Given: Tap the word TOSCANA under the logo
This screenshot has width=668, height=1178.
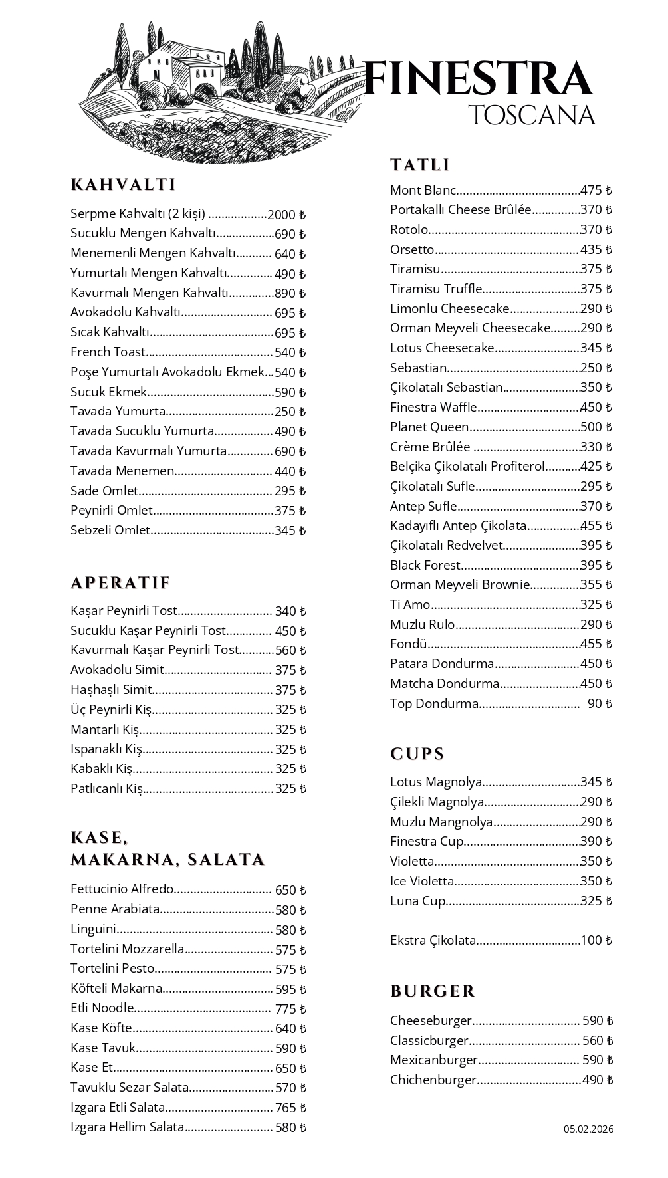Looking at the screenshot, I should coord(532,115).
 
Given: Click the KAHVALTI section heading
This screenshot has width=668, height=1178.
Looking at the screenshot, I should coord(123,185).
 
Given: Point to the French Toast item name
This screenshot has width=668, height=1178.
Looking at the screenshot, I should coord(108,352).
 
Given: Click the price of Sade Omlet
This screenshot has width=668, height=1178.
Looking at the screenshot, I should coord(290,491).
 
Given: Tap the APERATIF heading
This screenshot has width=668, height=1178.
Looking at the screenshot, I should coord(120,583).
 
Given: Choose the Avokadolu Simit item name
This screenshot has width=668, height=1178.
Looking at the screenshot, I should coord(117,670).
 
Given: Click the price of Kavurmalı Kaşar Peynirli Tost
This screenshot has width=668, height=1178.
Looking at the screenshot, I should coord(290,650).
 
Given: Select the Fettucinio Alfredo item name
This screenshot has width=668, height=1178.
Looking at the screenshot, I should coord(122,889).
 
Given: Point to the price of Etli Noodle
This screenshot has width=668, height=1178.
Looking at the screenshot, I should coord(290,1009).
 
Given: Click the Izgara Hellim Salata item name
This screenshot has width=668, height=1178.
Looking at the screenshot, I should coord(127,1127).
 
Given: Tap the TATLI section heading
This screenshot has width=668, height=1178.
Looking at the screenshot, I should coord(420,165).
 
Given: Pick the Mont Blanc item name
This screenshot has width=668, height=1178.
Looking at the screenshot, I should coord(423,191).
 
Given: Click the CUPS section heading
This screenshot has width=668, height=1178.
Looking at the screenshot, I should coord(417,754).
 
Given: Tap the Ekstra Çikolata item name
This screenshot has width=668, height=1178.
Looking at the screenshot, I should coord(433,941).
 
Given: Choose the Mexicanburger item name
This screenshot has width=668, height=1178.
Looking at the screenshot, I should coord(434,1060).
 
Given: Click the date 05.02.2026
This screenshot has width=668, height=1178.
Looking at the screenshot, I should coord(589,1129).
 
